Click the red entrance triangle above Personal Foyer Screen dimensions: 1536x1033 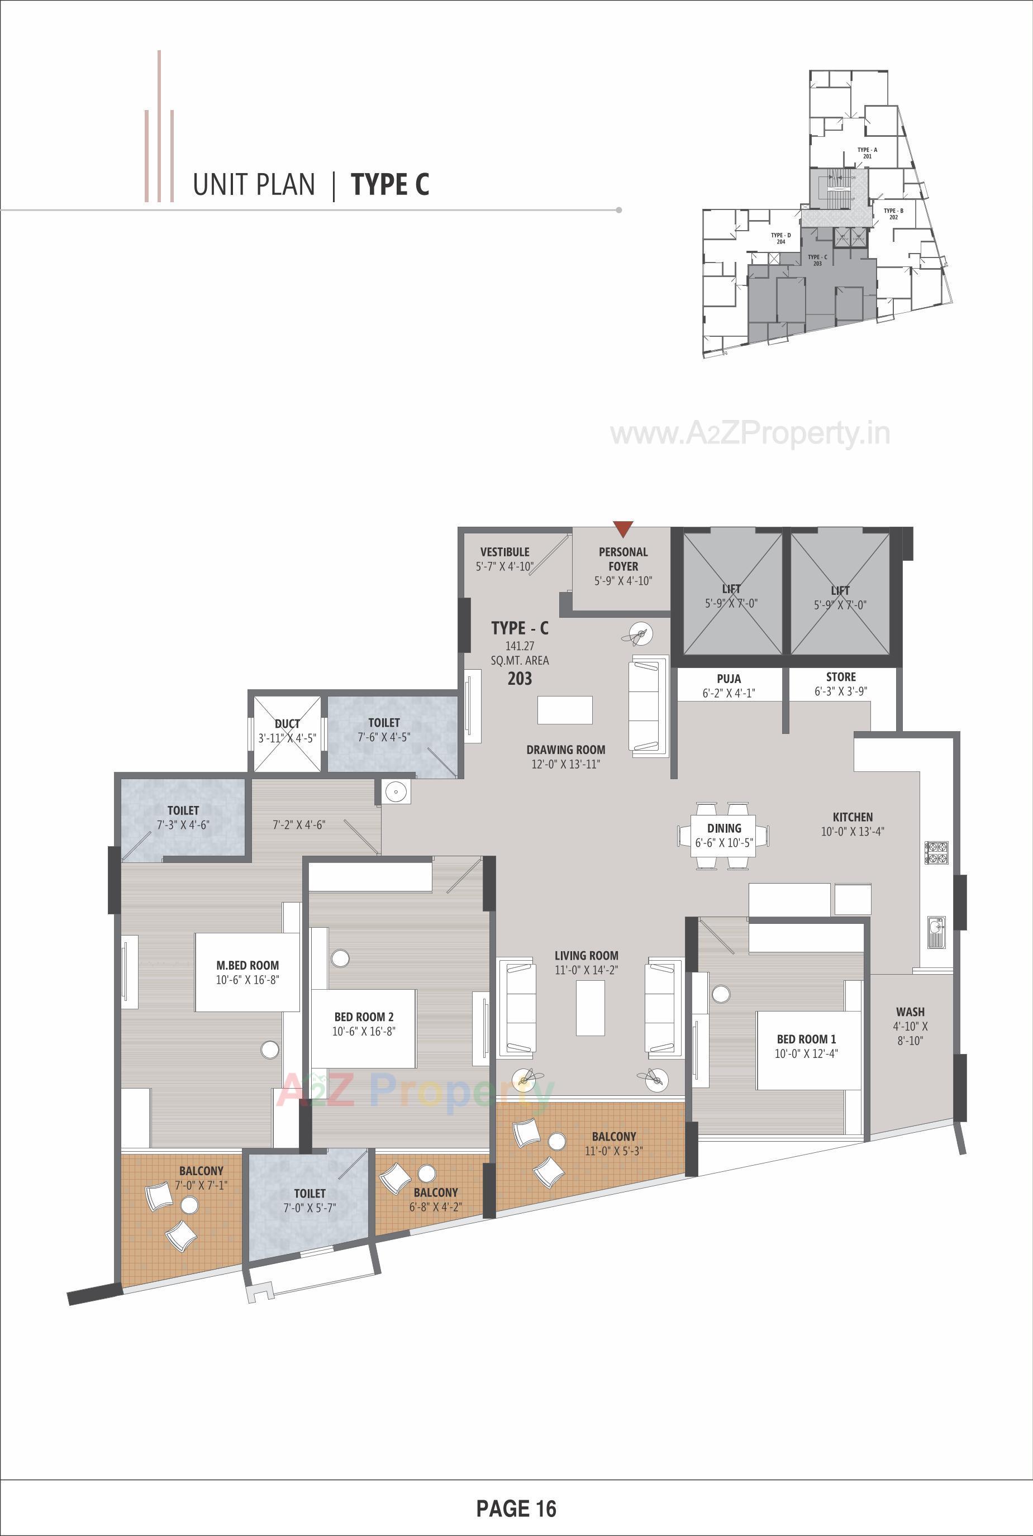[622, 528]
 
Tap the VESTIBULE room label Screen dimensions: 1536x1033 [504, 552]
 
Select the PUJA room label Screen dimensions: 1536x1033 [729, 679]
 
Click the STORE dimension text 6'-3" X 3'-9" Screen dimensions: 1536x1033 [841, 691]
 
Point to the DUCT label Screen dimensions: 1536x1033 [287, 723]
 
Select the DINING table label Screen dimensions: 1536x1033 [724, 828]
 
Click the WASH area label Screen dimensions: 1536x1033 [910, 1011]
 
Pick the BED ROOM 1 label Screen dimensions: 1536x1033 [806, 1039]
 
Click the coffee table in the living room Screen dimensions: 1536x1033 [591, 1008]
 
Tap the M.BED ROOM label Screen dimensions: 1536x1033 [247, 965]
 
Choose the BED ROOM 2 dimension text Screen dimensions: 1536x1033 [364, 1032]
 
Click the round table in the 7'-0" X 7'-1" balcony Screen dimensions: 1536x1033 [189, 1205]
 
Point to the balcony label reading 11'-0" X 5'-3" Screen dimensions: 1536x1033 [613, 1151]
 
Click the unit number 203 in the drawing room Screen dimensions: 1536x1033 [519, 679]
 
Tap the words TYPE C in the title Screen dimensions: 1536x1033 [390, 184]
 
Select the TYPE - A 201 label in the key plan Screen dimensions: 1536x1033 [867, 153]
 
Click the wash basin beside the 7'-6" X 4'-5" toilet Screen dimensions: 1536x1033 [397, 791]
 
